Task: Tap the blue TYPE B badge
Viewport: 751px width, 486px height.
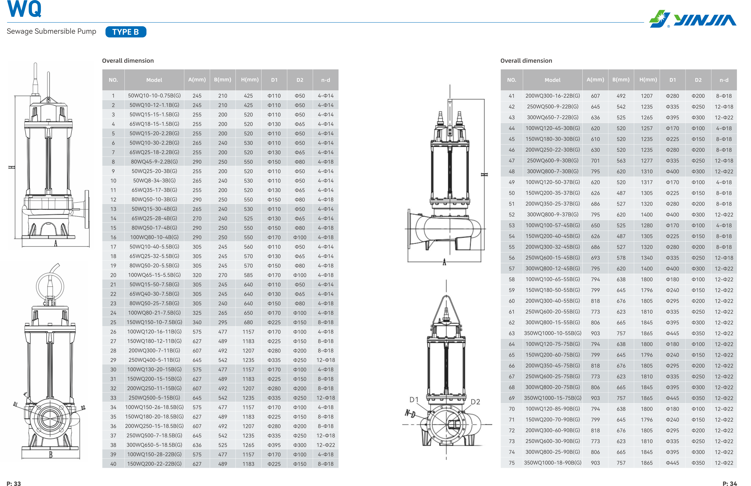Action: tap(126, 32)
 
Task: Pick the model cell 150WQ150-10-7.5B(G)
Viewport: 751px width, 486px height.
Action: tap(154, 322)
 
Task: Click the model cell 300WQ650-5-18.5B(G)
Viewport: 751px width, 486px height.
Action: tap(154, 445)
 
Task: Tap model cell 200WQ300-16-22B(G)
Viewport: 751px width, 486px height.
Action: tap(553, 96)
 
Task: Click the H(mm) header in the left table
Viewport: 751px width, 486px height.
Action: tap(250, 80)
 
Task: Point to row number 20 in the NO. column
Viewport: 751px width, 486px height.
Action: tap(113, 275)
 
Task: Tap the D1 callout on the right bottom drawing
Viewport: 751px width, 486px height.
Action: tap(414, 400)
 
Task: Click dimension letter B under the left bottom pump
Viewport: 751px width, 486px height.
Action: tap(51, 454)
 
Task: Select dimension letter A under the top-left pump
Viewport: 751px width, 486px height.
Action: tap(56, 243)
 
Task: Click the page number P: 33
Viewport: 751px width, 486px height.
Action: tap(14, 483)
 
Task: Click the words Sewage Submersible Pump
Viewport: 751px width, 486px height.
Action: tap(51, 31)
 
